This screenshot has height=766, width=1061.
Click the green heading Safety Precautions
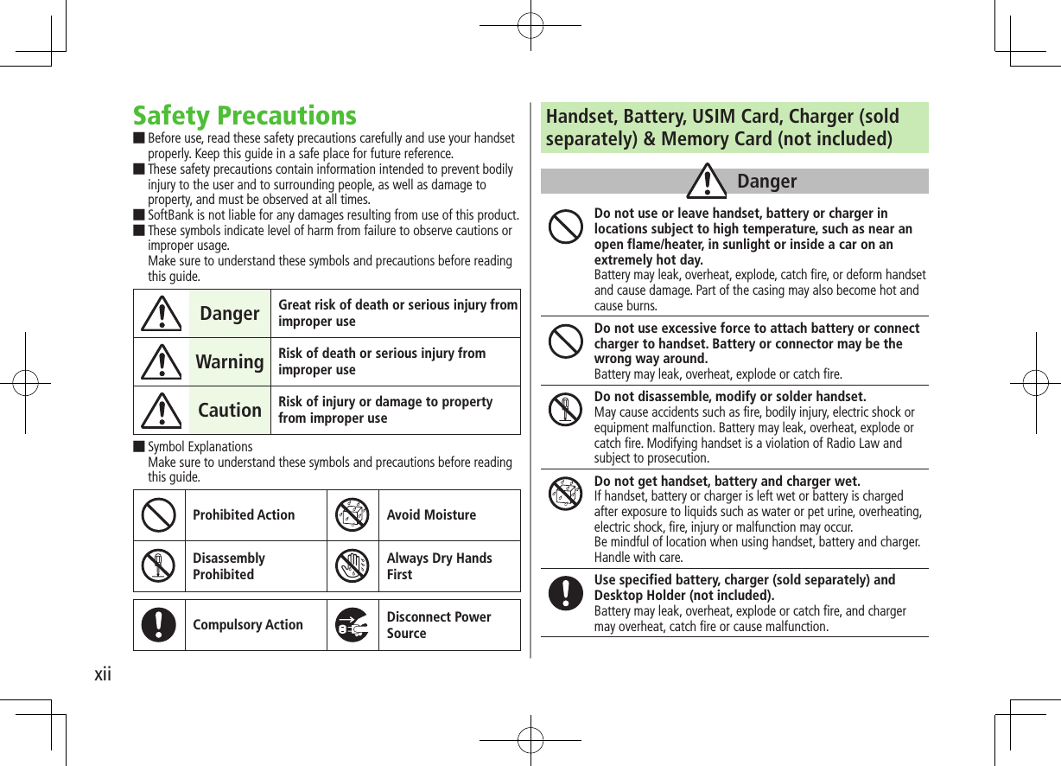click(245, 116)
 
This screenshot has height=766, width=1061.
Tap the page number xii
click(103, 673)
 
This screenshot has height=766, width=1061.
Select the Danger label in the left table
click(229, 313)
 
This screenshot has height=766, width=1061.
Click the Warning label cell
click(229, 361)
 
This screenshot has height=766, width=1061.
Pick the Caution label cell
click(229, 410)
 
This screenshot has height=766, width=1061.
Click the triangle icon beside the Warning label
click(159, 362)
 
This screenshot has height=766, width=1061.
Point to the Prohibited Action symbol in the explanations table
click(158, 515)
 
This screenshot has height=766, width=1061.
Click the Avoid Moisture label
click(431, 515)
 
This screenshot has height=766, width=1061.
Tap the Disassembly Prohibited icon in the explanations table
click(158, 566)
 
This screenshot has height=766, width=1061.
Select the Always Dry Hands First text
click(439, 566)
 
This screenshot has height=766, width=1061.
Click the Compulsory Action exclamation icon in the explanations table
click(158, 624)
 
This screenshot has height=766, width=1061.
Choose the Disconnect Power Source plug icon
click(353, 624)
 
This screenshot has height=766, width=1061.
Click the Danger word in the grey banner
click(767, 182)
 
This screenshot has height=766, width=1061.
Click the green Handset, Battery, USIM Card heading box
click(734, 128)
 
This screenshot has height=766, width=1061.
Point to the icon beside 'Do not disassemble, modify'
click(566, 409)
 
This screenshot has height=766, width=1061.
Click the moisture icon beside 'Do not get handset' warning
click(566, 493)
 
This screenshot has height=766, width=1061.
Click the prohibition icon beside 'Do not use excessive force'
click(566, 340)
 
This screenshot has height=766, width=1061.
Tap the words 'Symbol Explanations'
click(200, 447)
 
